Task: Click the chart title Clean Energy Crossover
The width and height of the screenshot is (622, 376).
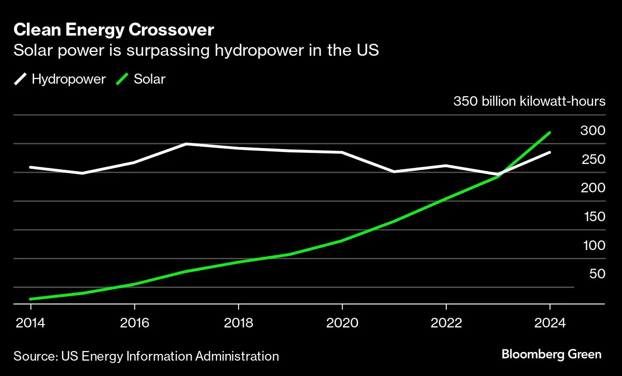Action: pos(114,30)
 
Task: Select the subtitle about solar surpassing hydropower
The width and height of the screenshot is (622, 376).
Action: pos(196,50)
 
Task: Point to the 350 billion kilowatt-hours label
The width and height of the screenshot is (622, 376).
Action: pos(529,102)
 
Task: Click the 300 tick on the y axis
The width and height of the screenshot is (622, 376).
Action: pos(593,131)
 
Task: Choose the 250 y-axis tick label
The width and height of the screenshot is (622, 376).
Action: pos(593,160)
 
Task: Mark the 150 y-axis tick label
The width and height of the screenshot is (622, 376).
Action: pos(594,217)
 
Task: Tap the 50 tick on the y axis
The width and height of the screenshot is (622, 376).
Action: pos(597,274)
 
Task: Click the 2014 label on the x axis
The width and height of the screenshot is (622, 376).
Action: pos(30,323)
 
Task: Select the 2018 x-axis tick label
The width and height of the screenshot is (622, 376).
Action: pos(238,323)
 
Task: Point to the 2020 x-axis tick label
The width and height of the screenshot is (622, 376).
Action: pos(342,323)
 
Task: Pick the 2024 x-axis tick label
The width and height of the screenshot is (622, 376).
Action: pos(550,323)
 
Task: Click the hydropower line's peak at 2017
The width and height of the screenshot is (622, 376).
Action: pos(186,144)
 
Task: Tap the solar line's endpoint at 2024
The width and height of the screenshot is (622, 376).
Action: pos(550,133)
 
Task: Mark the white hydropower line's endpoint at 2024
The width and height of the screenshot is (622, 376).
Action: pos(550,152)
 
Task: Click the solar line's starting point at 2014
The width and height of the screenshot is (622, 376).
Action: pos(30,299)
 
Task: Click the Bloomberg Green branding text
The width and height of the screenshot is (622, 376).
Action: pos(551,355)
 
